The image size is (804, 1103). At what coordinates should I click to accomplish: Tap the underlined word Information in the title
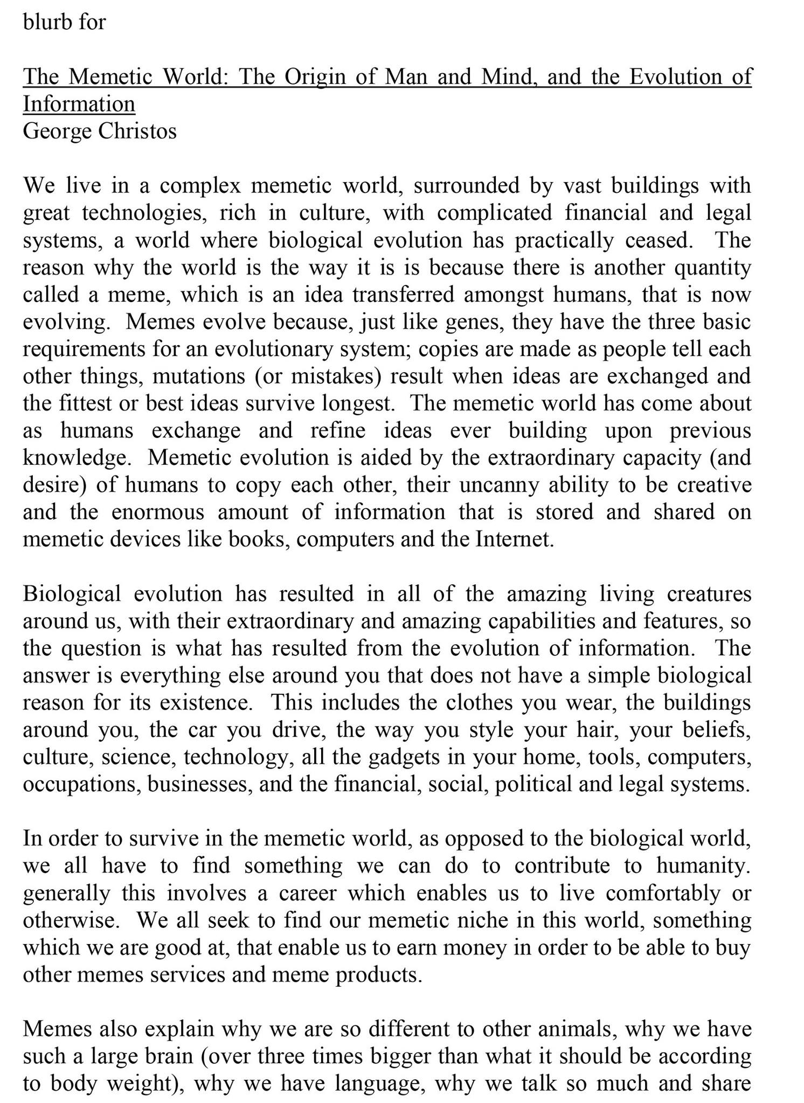click(x=79, y=104)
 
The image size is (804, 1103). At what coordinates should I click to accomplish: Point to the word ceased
click(x=659, y=240)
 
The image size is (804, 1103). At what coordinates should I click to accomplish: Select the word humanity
click(x=703, y=865)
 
